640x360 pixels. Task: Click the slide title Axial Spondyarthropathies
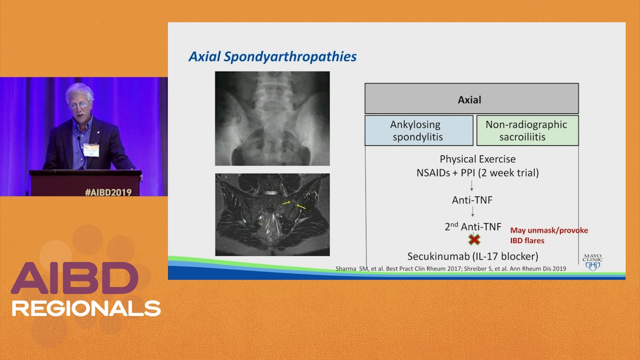pyautogui.click(x=272, y=56)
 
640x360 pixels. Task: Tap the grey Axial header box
pyautogui.click(x=471, y=98)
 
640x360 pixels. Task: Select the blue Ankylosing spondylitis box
pyautogui.click(x=419, y=130)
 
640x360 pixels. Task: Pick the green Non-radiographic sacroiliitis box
pyautogui.click(x=527, y=130)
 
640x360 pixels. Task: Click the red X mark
pyautogui.click(x=474, y=239)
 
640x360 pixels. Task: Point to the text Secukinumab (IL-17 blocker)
pyautogui.click(x=473, y=256)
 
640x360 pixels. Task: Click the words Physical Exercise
pyautogui.click(x=477, y=159)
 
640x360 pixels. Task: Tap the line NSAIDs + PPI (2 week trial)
pyautogui.click(x=477, y=172)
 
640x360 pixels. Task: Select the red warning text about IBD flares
pyautogui.click(x=549, y=235)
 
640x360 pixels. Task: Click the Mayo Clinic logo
pyautogui.click(x=592, y=262)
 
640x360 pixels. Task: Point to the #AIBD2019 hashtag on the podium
pyautogui.click(x=108, y=192)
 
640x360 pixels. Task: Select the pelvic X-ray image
pyautogui.click(x=272, y=118)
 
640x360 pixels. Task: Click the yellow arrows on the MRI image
pyautogui.click(x=294, y=204)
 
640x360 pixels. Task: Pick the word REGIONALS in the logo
pyautogui.click(x=86, y=308)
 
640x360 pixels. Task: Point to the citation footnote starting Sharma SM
pyautogui.click(x=450, y=268)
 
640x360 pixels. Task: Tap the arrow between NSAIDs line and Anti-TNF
pyautogui.click(x=471, y=185)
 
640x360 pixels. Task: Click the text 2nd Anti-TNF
pyautogui.click(x=473, y=226)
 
